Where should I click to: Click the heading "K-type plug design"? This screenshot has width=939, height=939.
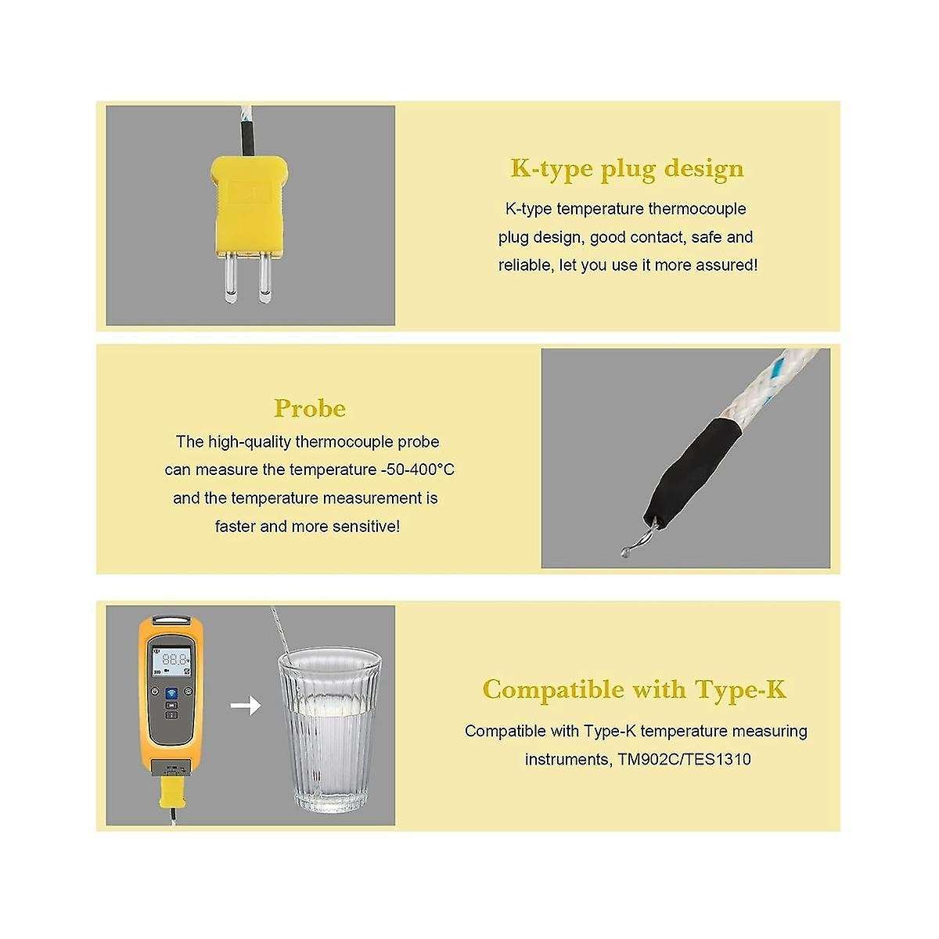point(627,168)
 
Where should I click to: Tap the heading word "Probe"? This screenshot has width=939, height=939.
point(310,408)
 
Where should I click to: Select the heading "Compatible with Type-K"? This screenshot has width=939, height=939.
point(635,689)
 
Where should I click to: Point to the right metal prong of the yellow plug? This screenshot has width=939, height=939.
point(264,278)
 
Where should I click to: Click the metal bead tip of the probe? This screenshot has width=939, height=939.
point(625,552)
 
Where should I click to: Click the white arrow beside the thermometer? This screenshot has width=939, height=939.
point(245,705)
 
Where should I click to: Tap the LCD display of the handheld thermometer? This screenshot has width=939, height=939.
point(170,661)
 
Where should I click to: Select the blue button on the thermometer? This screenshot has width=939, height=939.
point(171,693)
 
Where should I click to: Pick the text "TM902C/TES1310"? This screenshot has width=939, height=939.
point(684,760)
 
